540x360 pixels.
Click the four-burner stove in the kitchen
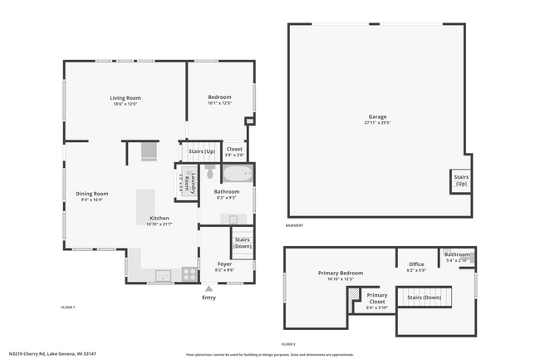pyautogui.click(x=189, y=272)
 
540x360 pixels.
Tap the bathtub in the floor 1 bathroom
pyautogui.click(x=236, y=175)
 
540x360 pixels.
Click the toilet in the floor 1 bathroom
pyautogui.click(x=210, y=173)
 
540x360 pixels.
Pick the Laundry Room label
pyautogui.click(x=192, y=182)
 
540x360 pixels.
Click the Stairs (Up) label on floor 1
pyautogui.click(x=201, y=151)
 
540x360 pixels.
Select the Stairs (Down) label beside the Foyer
pyautogui.click(x=243, y=242)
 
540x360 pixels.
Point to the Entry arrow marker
pyautogui.click(x=209, y=288)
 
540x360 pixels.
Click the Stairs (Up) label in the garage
pyautogui.click(x=460, y=180)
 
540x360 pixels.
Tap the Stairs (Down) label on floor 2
pyautogui.click(x=423, y=297)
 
